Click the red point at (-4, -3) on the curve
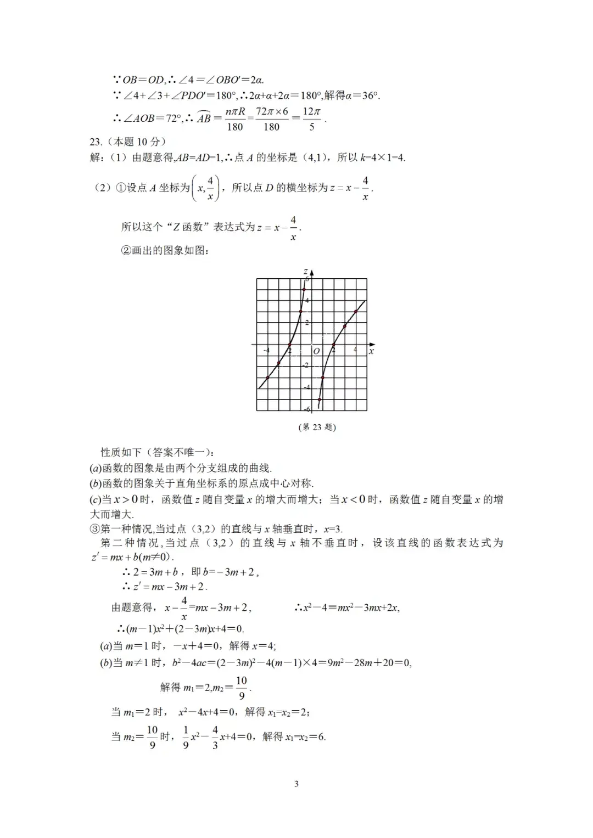click(x=267, y=378)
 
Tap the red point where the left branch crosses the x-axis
click(x=290, y=345)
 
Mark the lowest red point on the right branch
click(x=320, y=400)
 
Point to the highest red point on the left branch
click(x=304, y=289)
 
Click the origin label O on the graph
click(x=316, y=351)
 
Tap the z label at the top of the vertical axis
click(x=305, y=272)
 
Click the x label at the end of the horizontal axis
click(x=372, y=351)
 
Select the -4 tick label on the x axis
click(x=266, y=350)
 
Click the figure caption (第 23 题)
click(x=317, y=428)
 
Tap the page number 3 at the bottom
click(x=296, y=784)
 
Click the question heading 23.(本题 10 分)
click(x=128, y=142)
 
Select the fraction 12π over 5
click(x=311, y=119)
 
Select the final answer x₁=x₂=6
click(x=305, y=737)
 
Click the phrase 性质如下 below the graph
click(x=121, y=453)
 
